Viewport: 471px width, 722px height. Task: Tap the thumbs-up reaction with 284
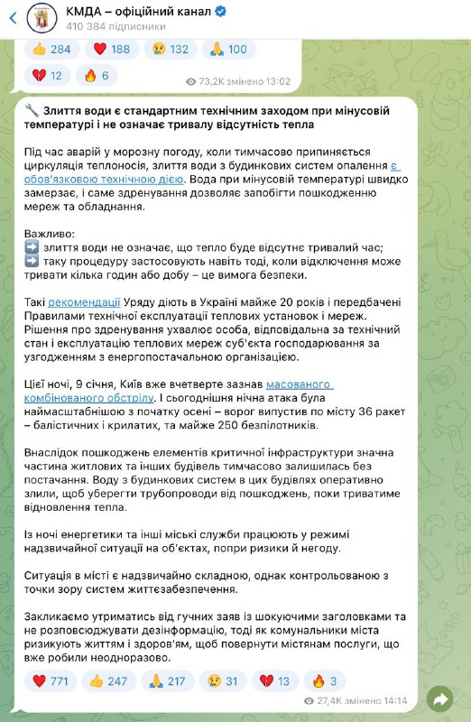click(54, 49)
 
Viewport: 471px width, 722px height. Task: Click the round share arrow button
click(442, 699)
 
